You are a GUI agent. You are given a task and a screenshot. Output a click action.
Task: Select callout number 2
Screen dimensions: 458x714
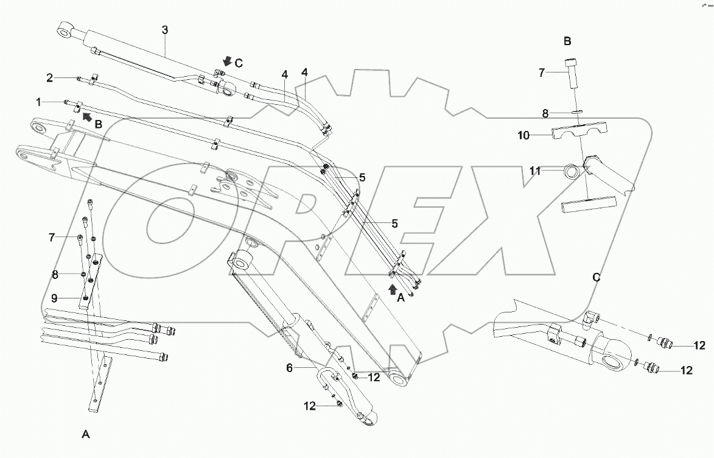(x=50, y=77)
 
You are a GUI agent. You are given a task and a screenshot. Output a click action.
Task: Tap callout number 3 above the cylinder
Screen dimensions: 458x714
(x=164, y=30)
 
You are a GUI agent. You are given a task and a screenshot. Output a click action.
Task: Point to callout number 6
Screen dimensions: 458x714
(x=289, y=368)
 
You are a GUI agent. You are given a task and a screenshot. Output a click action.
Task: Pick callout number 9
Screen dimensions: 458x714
(x=54, y=299)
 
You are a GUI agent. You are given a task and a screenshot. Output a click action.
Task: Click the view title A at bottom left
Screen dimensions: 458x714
(x=86, y=434)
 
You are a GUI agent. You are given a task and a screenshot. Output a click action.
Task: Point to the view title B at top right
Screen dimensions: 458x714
(x=567, y=42)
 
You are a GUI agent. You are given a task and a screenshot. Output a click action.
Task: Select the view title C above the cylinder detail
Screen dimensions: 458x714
(x=597, y=278)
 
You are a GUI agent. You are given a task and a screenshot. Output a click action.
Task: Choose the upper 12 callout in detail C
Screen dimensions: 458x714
(x=699, y=346)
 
